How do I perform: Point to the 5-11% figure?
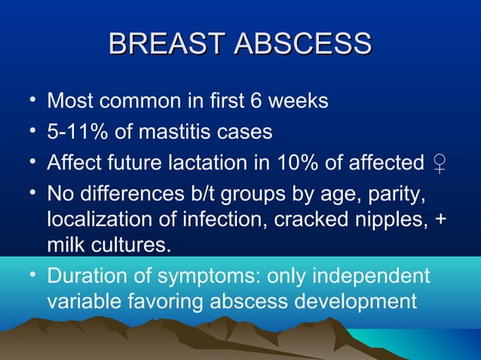coord(78,133)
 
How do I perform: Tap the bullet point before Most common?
coord(28,100)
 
